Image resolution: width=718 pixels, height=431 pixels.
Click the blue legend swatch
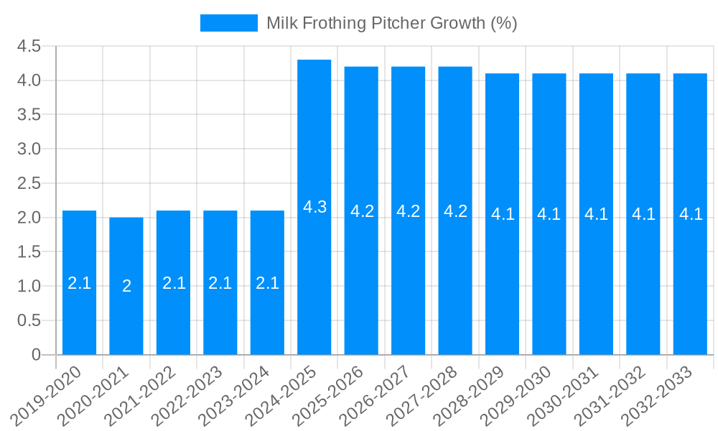228,23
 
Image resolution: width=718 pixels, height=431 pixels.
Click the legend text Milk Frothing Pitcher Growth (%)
391,23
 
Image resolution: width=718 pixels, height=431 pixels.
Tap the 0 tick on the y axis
36,355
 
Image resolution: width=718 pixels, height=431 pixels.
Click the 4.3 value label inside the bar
314,207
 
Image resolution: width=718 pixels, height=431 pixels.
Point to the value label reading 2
126,286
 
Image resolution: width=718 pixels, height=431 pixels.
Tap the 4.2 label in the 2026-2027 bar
409,211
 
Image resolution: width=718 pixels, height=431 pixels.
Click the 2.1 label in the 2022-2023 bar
220,283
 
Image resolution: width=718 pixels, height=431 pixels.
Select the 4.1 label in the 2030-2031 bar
596,214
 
